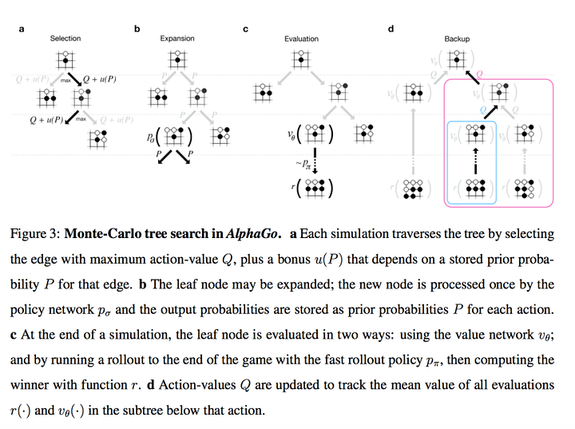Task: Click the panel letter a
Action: (22, 30)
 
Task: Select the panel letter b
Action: (137, 30)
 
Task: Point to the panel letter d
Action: (391, 30)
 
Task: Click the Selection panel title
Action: (65, 38)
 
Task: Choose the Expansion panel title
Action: (177, 38)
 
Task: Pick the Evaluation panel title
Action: (301, 38)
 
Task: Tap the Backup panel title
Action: (457, 38)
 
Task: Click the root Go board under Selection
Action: (65, 59)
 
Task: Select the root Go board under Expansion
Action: (177, 59)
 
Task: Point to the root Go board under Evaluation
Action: (301, 59)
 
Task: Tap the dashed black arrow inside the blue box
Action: (476, 161)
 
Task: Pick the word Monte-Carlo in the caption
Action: (101, 235)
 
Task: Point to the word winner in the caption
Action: (34, 385)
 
